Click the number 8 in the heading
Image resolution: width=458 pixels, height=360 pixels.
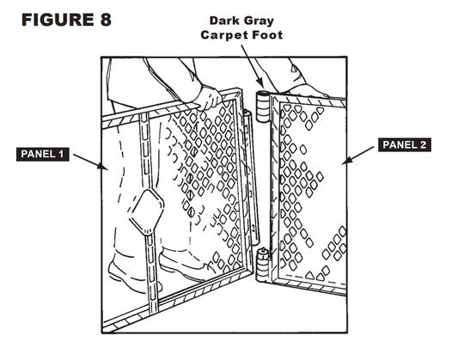(x=106, y=20)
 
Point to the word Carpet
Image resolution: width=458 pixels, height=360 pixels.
(x=223, y=35)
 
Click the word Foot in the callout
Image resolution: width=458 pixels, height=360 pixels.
(x=267, y=34)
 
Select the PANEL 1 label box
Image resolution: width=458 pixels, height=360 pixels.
(x=43, y=154)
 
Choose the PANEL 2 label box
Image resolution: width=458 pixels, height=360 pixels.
(x=405, y=144)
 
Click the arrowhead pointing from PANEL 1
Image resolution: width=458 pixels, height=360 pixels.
(x=104, y=167)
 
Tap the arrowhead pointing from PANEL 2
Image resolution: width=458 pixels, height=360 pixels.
(x=346, y=161)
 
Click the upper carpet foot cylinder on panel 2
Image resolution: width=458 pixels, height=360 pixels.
(x=263, y=106)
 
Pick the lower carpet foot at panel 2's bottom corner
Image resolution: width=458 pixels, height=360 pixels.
(x=263, y=265)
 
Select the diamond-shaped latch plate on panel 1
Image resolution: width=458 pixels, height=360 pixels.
(x=147, y=211)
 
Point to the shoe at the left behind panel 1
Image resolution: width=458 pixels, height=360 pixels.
(x=131, y=274)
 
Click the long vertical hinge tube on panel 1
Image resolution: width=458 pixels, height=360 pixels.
(x=251, y=178)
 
